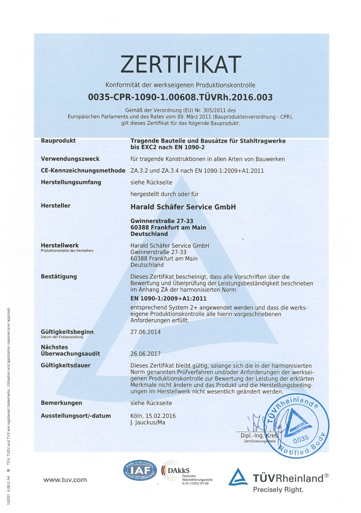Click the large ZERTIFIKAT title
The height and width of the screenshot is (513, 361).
click(180, 65)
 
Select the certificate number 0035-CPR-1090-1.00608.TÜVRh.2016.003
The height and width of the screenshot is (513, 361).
click(180, 97)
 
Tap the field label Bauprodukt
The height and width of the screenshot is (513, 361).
click(58, 141)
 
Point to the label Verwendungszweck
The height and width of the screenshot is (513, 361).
click(68, 159)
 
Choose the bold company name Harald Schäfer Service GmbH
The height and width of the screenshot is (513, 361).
click(183, 206)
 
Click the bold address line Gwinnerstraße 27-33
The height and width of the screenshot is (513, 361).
click(163, 221)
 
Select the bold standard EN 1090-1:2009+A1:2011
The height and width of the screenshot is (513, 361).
click(169, 298)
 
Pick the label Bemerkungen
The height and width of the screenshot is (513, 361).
click(61, 403)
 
